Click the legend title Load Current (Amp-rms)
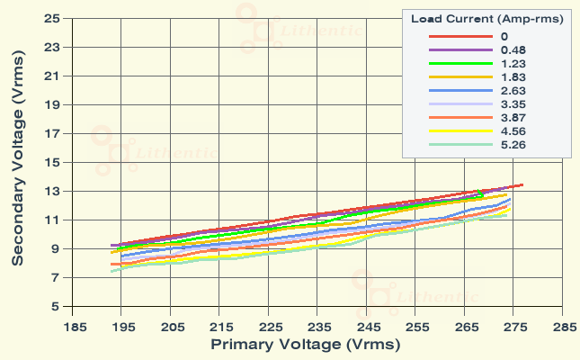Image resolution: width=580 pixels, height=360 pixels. [x=486, y=18]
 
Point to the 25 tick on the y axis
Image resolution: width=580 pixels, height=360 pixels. [x=52, y=18]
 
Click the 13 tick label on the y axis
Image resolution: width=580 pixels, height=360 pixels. [x=52, y=191]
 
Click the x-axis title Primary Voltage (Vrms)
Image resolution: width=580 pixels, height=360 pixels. [x=305, y=344]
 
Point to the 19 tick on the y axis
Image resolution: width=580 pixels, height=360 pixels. [x=52, y=104]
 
